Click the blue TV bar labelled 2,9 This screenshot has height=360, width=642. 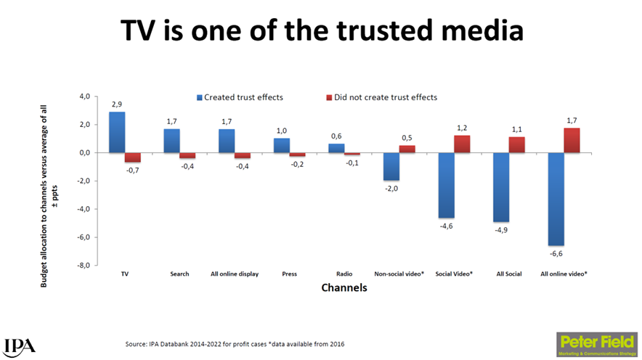tap(117, 132)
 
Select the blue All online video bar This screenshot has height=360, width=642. tap(555, 199)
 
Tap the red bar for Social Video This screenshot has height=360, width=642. tap(463, 144)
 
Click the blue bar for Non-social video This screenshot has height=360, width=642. tap(391, 167)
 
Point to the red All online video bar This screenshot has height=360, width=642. tap(572, 141)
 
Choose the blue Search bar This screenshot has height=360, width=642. tap(171, 141)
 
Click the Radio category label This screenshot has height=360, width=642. tap(344, 274)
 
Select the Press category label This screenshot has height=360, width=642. tap(289, 274)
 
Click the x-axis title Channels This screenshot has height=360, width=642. tap(344, 288)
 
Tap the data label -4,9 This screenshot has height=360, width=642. tap(500, 230)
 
